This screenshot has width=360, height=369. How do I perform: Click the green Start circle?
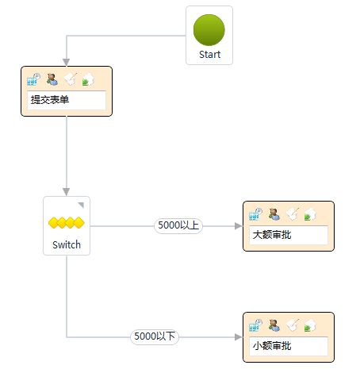209,30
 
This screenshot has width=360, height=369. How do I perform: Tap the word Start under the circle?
209,55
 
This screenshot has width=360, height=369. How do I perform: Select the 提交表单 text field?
67,100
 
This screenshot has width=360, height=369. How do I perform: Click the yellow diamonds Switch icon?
67,222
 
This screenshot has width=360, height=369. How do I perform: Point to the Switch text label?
67,244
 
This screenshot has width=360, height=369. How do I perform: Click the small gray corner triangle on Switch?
82,205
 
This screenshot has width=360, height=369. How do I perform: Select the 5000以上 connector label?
178,225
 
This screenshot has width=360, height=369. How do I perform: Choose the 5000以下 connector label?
155,336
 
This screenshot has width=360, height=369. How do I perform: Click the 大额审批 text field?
289,235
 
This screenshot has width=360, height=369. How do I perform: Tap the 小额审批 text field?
289,346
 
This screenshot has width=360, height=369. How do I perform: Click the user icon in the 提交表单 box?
52,79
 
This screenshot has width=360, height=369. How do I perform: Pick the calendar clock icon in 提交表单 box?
33,79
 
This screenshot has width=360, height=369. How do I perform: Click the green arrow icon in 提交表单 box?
88,79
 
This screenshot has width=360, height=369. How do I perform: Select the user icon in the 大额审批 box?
274,214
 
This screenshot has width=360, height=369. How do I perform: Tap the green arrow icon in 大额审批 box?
310,214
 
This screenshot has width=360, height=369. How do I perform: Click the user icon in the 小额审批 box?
274,325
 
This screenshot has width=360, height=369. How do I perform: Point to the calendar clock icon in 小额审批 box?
255,325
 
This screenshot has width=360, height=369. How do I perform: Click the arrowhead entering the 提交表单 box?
67,63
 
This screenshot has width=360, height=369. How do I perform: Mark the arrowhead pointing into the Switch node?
67,192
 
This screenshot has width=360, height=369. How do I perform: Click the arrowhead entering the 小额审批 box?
239,337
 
